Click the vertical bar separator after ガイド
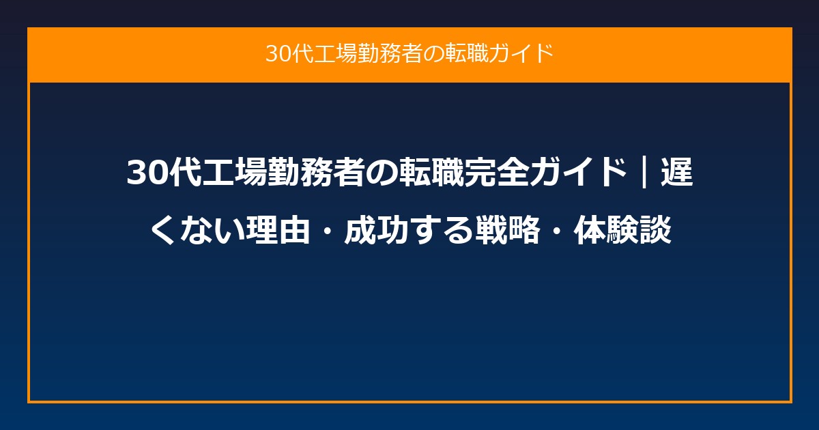pos(644,172)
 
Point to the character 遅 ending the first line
pos(677,172)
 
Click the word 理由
pos(278,230)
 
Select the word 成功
pos(377,230)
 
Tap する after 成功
pos(442,230)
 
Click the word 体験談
pos(622,230)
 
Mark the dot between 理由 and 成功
pos(328,231)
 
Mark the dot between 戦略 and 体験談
pos(556,231)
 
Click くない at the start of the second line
pos(197,230)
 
